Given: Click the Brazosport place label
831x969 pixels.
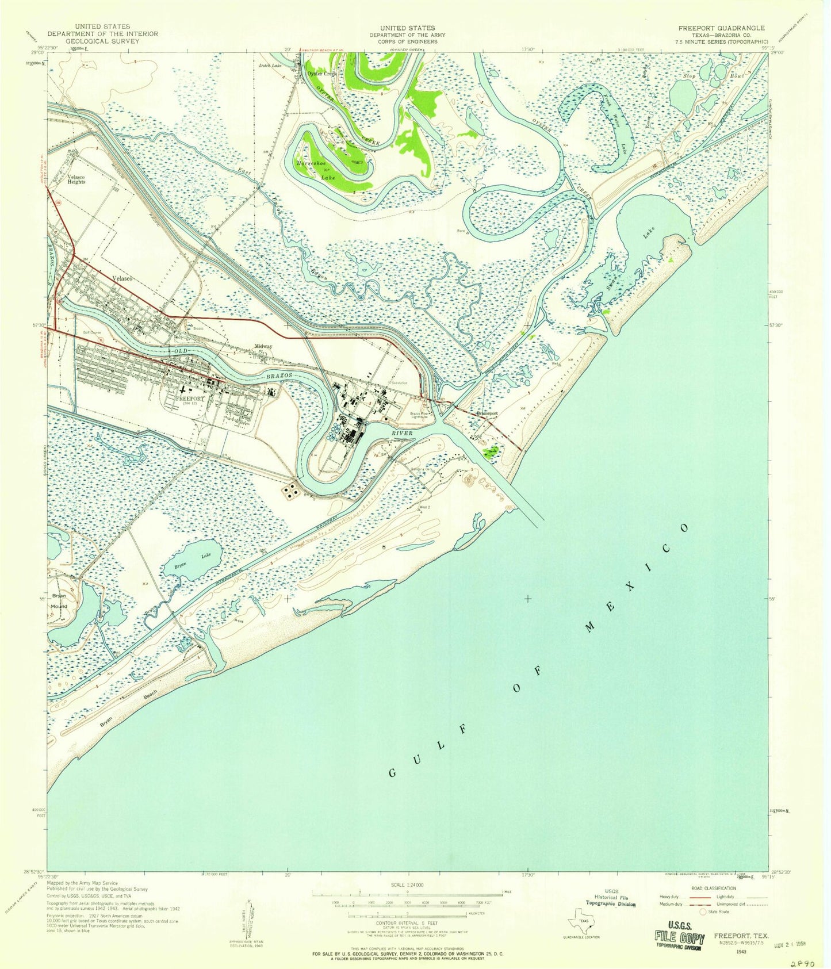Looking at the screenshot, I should click(x=486, y=413).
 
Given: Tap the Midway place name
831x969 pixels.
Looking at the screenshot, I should click(x=263, y=346).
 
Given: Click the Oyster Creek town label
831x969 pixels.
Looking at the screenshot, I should click(x=320, y=74).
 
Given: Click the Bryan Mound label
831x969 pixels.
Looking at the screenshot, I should click(x=59, y=601).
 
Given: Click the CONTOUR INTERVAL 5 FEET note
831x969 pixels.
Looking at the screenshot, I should click(x=408, y=922).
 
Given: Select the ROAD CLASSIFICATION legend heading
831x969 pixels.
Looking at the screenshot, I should click(x=713, y=888).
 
